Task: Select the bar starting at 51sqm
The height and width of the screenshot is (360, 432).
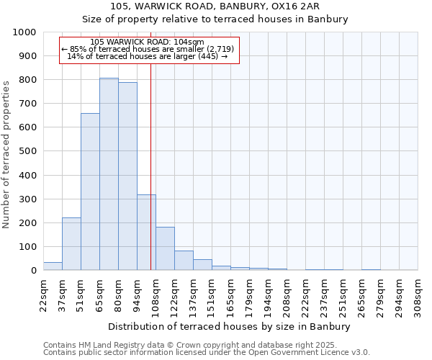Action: coord(90,192)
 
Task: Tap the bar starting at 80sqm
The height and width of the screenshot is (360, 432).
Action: coord(127,176)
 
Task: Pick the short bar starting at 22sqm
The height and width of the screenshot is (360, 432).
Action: coord(53,266)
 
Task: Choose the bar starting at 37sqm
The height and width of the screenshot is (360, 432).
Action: coord(71,244)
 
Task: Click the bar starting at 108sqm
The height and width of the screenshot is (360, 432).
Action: coord(165,249)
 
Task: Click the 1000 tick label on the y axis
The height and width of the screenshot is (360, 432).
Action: coord(24,32)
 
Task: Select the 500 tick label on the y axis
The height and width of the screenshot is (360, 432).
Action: coord(27,151)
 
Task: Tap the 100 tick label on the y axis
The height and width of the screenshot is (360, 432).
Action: coord(27,247)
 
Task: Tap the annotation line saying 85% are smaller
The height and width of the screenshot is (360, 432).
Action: coord(148,49)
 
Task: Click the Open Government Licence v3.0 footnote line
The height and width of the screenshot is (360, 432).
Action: coord(207,353)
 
